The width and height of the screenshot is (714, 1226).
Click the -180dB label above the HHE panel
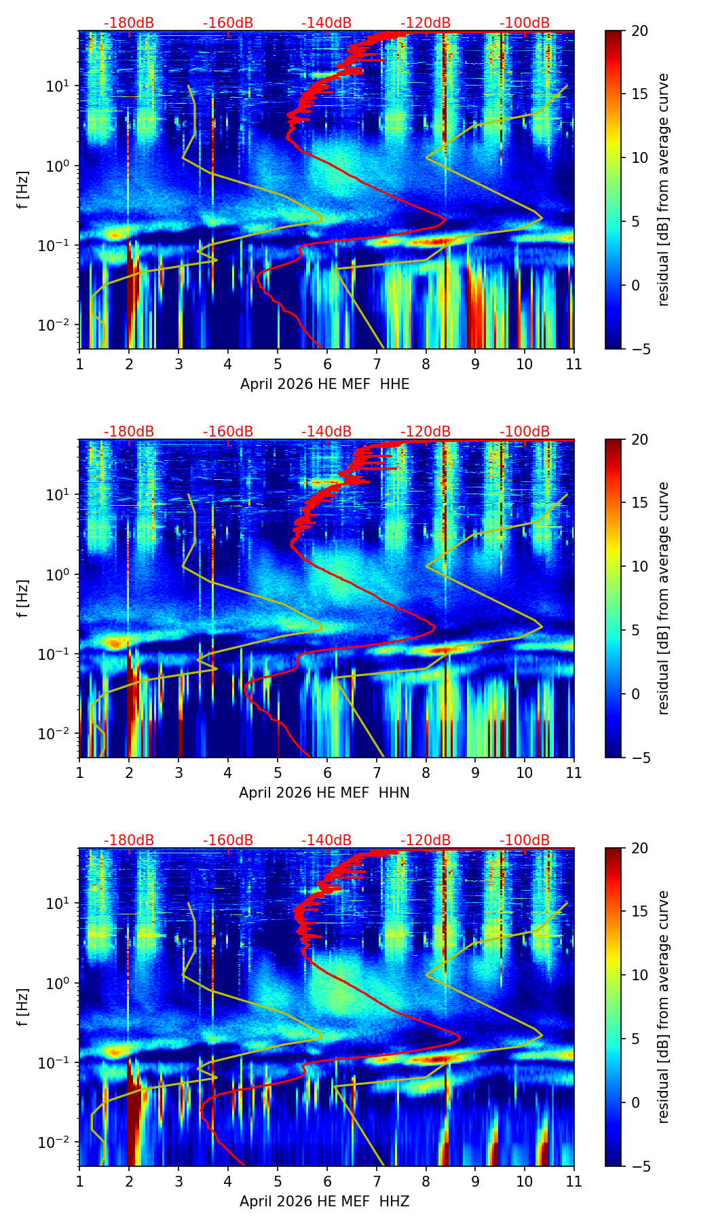pyautogui.click(x=129, y=23)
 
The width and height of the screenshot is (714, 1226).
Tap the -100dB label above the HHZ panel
pyautogui.click(x=525, y=840)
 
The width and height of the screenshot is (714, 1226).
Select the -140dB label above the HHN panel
pyautogui.click(x=326, y=432)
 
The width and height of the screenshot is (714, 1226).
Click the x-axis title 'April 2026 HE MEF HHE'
pyautogui.click(x=324, y=384)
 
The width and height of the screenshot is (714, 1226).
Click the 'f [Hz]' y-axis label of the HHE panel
pyautogui.click(x=23, y=190)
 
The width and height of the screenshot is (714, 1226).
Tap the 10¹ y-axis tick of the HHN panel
pyautogui.click(x=58, y=494)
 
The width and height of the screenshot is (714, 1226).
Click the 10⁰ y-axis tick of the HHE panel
pyautogui.click(x=58, y=166)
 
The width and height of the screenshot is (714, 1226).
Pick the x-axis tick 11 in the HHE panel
pyautogui.click(x=574, y=364)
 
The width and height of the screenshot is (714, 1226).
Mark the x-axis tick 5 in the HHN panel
pyautogui.click(x=278, y=773)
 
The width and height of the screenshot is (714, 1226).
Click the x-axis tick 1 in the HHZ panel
pyautogui.click(x=79, y=1181)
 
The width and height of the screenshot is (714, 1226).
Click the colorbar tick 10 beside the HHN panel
pyautogui.click(x=640, y=566)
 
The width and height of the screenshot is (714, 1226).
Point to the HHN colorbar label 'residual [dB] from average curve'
pyautogui.click(x=664, y=598)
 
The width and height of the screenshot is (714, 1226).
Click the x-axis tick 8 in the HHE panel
pyautogui.click(x=426, y=364)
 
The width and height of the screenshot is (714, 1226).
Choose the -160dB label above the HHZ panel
pyautogui.click(x=228, y=840)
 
